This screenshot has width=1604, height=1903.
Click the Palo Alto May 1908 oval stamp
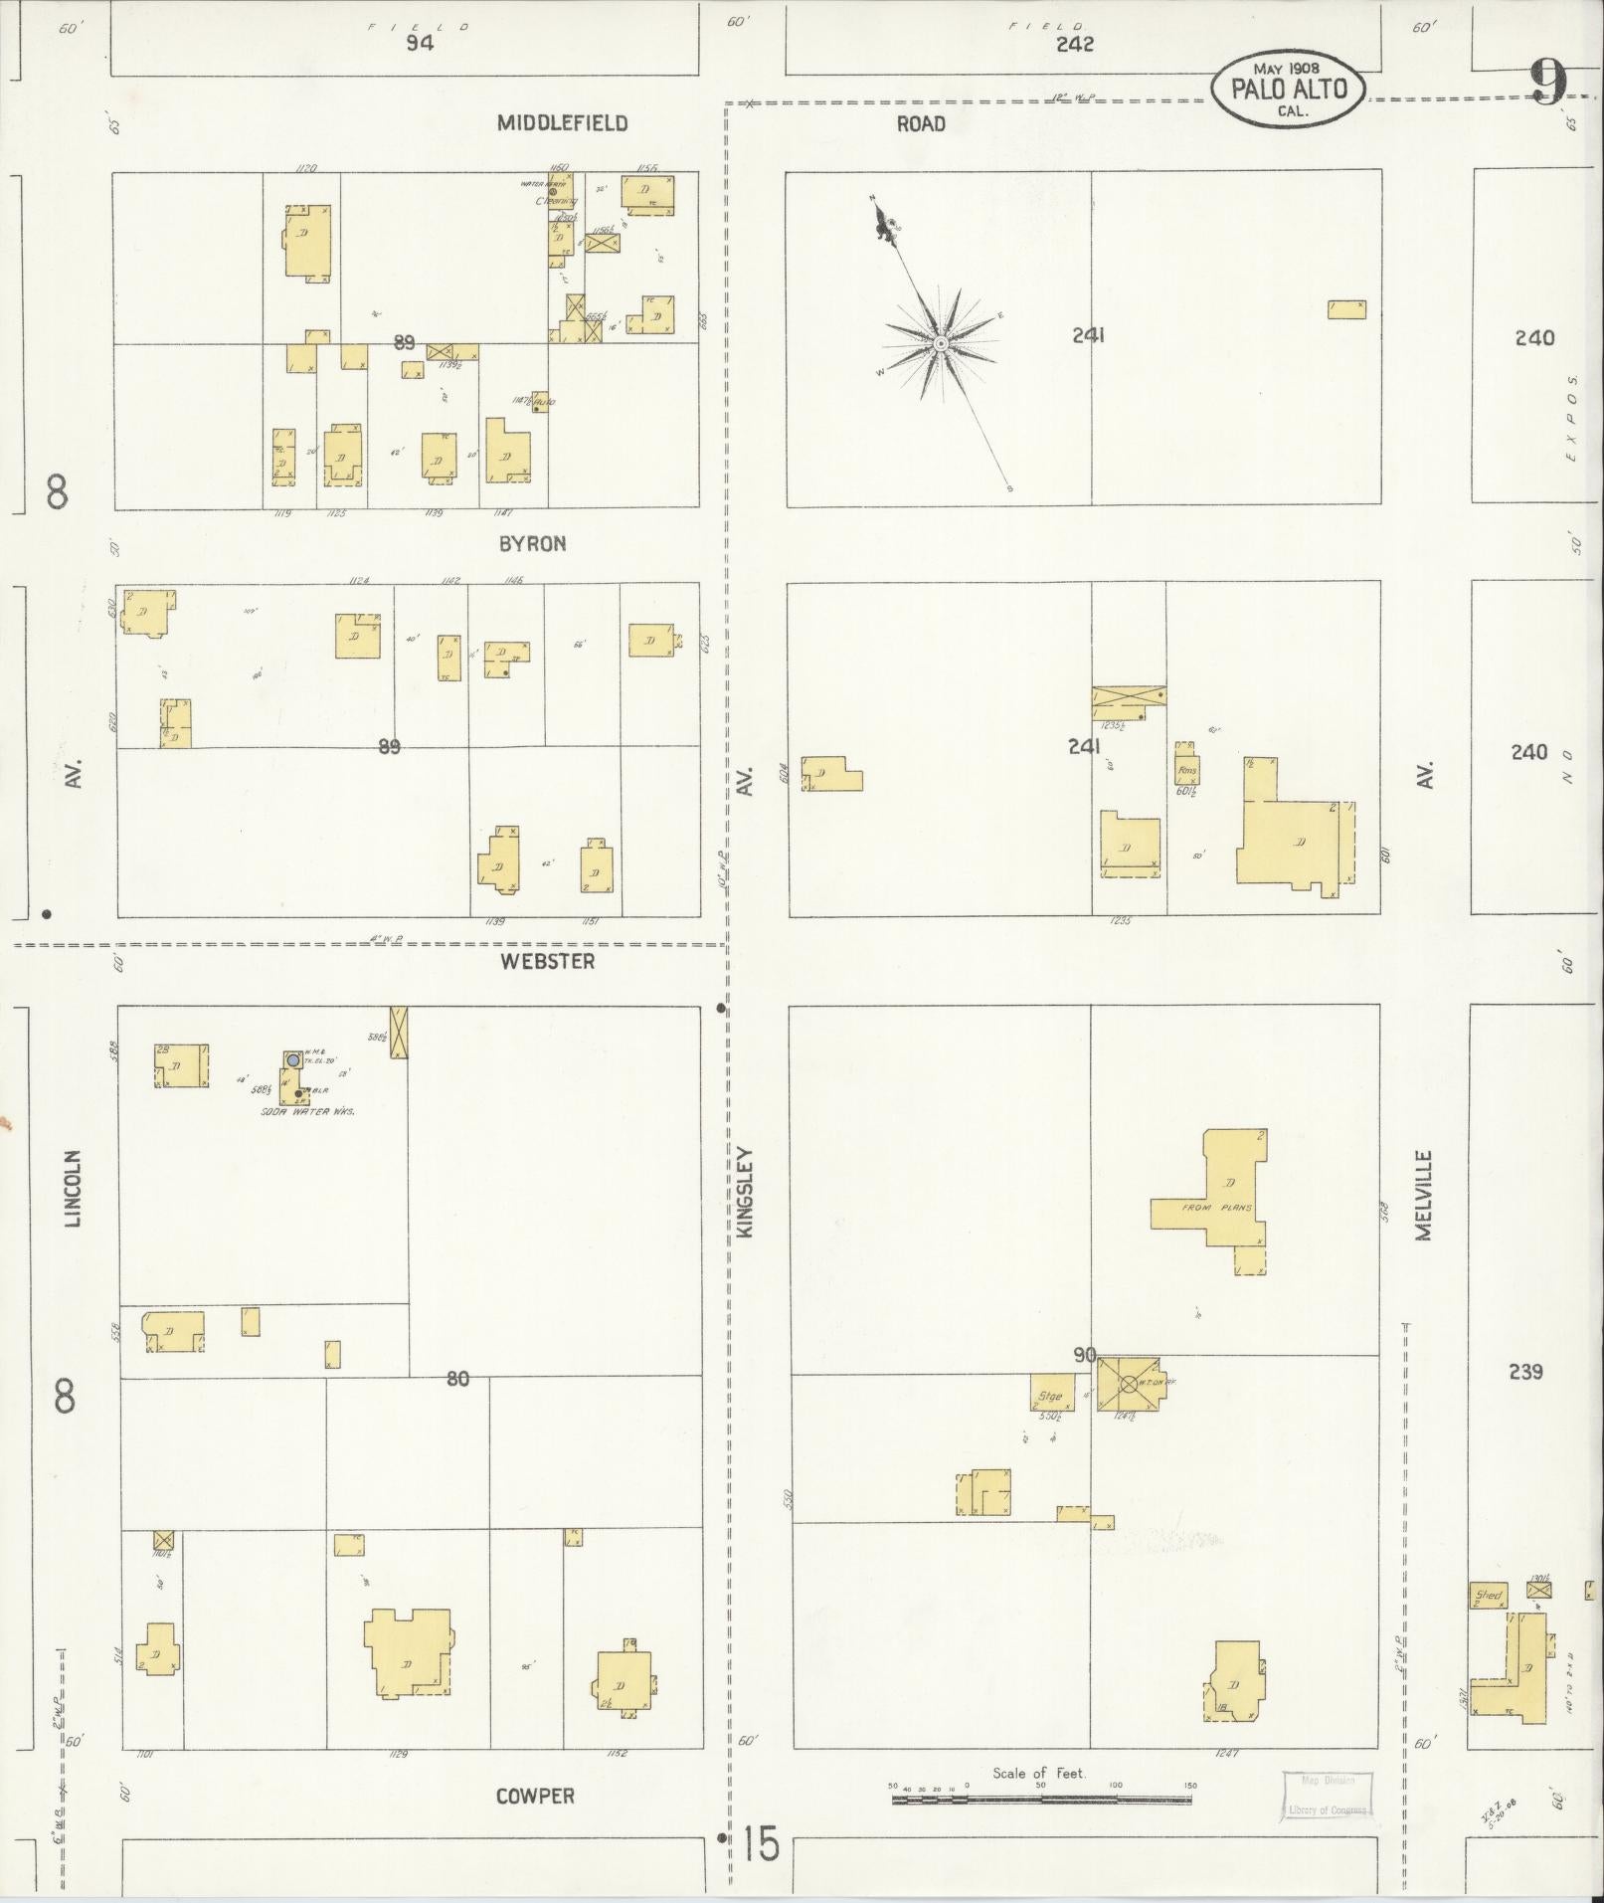point(1289,90)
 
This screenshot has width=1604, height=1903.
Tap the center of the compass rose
point(939,343)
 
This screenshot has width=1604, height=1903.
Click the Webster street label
point(548,961)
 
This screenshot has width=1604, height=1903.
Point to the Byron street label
point(532,543)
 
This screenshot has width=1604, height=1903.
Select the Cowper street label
point(535,1796)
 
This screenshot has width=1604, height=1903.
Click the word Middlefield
point(562,123)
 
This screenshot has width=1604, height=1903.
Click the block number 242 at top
point(1075,44)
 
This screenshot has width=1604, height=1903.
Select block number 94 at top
point(420,44)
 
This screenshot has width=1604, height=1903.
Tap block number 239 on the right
point(1524,1372)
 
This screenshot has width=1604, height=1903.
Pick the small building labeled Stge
point(1050,1394)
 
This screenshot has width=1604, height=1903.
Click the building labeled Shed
point(1489,1596)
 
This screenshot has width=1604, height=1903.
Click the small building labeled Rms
point(1186,769)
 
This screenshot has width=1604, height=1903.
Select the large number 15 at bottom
point(759,1846)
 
